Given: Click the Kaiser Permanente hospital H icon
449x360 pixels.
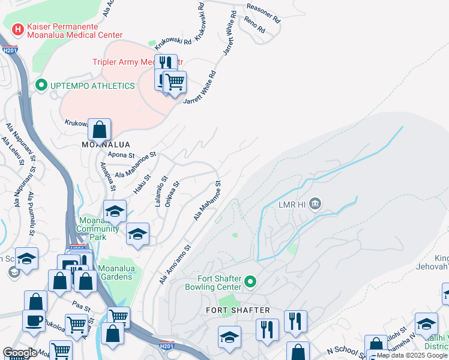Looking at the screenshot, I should [17, 28].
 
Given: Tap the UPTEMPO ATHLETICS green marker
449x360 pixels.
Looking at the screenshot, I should [41, 86].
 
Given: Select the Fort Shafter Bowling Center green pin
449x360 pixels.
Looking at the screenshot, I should [252, 280].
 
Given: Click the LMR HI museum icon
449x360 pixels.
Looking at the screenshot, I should [316, 205].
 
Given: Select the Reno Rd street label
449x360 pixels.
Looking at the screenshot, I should [255, 24].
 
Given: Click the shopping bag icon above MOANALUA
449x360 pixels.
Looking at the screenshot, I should [100, 129].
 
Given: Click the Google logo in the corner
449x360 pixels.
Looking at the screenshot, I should [20, 353].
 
